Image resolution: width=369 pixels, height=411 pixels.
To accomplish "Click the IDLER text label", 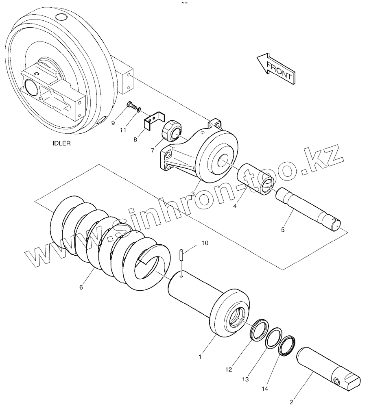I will click(61, 143).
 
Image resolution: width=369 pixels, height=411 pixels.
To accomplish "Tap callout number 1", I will click(200, 357).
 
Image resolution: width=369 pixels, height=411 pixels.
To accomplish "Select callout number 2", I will click(291, 402).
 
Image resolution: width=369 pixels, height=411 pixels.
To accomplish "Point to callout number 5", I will click(283, 230).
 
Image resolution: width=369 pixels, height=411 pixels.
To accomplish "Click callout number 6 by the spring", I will click(81, 287).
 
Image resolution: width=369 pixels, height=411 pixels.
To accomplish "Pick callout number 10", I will click(205, 243).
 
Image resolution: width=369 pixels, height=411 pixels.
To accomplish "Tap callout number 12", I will click(229, 370).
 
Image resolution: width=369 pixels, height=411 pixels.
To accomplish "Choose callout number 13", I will click(245, 379).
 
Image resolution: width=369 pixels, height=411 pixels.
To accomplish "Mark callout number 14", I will click(264, 389).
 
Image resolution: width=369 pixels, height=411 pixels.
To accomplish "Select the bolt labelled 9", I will click(130, 105).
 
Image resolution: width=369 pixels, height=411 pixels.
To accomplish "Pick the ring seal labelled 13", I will click(273, 337).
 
